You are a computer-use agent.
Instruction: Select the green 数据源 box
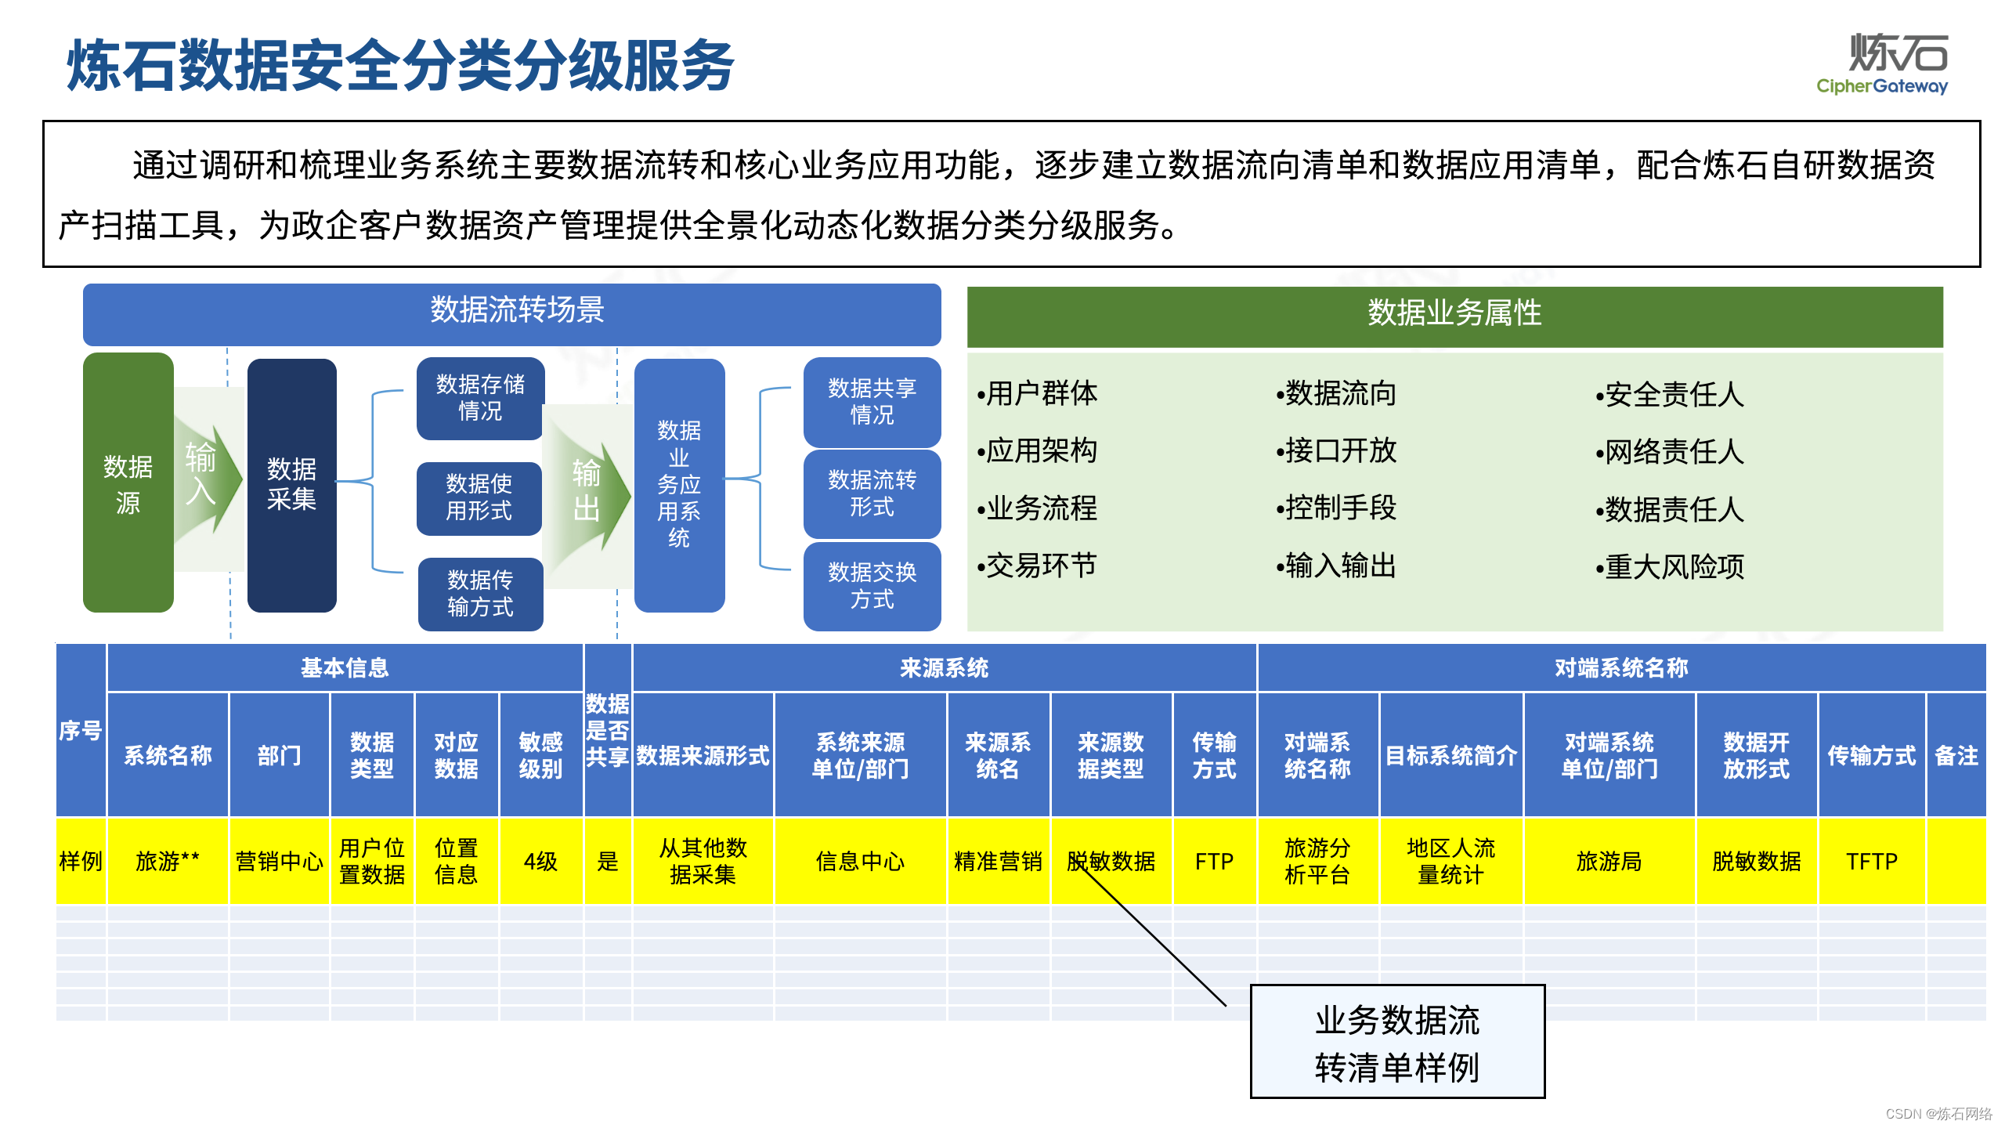pos(128,483)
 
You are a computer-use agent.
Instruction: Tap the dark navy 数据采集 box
pos(291,484)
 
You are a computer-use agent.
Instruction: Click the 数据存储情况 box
pos(479,398)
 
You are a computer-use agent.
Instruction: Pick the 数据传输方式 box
pos(479,593)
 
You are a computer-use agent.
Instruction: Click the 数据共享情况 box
pos(871,401)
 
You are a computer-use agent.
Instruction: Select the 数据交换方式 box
pos(871,585)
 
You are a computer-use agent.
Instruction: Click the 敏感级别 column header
pos(540,754)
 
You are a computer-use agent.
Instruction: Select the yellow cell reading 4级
pos(540,861)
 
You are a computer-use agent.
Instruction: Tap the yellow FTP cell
pos(1214,861)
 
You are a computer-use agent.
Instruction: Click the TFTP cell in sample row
pos(1871,861)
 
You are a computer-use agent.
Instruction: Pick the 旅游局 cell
pos(1609,861)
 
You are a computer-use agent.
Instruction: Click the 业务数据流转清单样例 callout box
pos(1396,1042)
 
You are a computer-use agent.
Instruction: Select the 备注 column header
pos(1956,754)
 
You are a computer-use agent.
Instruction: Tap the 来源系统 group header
pos(944,668)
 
